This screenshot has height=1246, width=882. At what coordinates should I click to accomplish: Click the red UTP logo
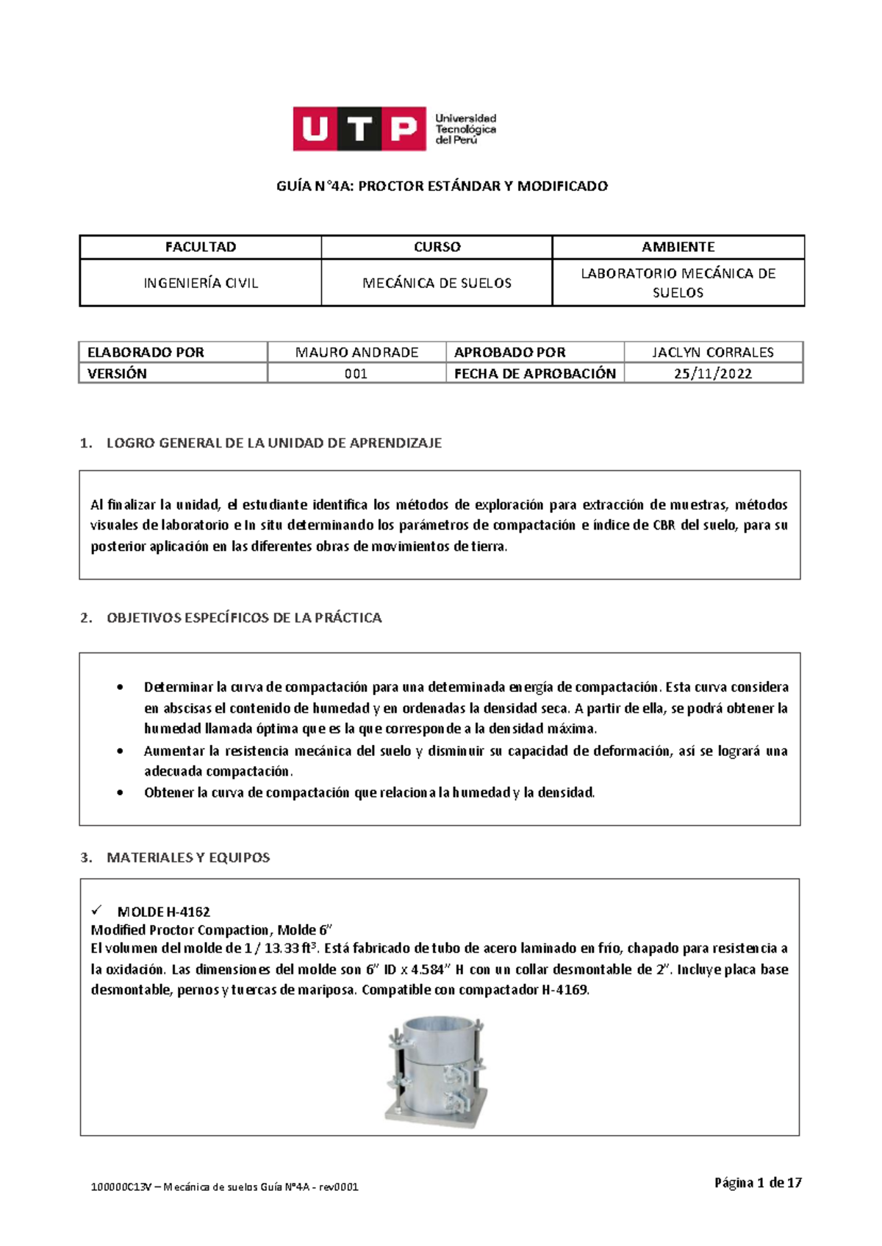359,129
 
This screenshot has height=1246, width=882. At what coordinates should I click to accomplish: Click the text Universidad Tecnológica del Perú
465,129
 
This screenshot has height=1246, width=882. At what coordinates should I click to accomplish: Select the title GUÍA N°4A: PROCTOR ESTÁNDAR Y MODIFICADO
442,187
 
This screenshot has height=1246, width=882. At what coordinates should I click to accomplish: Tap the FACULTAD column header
200,247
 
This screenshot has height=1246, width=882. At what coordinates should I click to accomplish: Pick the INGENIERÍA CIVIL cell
200,283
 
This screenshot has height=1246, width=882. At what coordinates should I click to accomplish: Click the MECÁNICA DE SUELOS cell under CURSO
437,283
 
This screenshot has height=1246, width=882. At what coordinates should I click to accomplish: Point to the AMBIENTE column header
678,247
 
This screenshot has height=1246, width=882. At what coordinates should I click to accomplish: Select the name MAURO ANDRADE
356,352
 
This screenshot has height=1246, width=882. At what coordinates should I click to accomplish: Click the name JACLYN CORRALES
712,352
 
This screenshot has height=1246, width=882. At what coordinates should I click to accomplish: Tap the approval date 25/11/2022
712,373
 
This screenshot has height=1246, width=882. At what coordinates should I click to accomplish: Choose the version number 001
356,373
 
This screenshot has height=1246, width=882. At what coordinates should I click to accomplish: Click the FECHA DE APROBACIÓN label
534,373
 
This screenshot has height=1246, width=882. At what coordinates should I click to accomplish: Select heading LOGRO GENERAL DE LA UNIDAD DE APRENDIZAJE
273,443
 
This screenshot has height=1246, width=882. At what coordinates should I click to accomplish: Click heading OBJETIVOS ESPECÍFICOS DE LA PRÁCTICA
244,618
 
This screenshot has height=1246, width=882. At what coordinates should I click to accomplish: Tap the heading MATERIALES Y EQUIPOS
188,857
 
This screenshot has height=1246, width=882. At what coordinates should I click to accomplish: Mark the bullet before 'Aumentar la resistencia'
120,751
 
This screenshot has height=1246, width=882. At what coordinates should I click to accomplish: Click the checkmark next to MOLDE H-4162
97,910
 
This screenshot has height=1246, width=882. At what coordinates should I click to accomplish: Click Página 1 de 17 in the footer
757,1182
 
